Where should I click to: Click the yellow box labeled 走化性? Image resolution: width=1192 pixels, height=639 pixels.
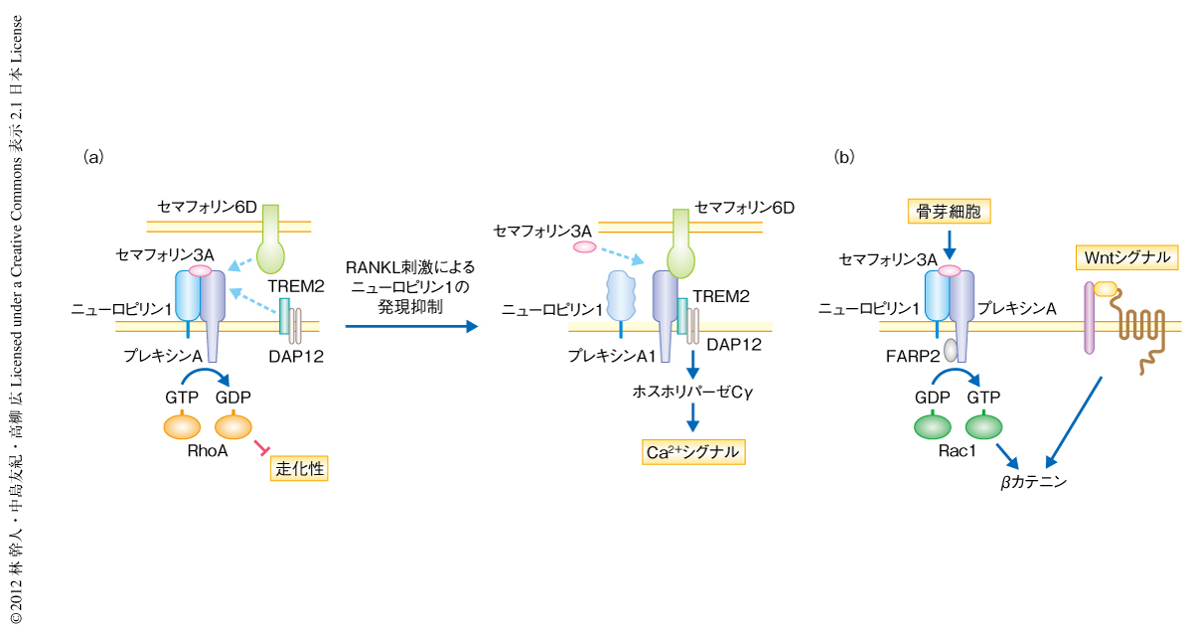pos(299,467)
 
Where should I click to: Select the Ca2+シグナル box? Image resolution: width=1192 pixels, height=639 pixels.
pos(692,452)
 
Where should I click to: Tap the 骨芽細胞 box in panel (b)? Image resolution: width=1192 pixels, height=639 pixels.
pos(949,210)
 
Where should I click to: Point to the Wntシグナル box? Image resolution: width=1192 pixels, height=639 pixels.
pos(1125,258)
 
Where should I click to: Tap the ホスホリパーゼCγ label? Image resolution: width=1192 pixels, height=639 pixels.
pos(692,392)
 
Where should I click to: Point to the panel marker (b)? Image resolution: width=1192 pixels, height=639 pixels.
pos(844,156)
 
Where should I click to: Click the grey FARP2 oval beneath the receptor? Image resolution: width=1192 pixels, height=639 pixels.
pos(951,349)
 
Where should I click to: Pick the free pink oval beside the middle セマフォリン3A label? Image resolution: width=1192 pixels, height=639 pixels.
pos(585,245)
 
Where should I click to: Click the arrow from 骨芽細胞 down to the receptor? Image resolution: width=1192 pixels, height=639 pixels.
pos(949,240)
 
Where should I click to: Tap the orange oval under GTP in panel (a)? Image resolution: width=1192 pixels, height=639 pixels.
pos(182,426)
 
